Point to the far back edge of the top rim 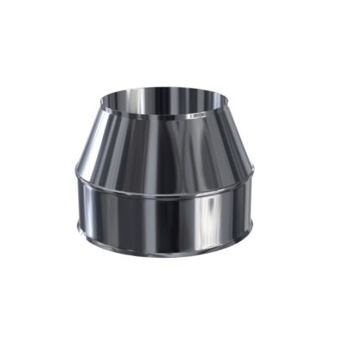pos(156,87)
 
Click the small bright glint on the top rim pos(196,114)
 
